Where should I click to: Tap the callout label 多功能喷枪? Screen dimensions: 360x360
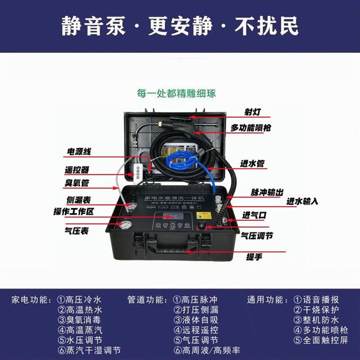click(x=251, y=128)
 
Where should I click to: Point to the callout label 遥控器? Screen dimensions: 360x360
click(x=77, y=170)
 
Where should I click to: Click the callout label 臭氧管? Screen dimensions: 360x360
click(x=77, y=184)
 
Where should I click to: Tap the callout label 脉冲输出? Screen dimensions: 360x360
click(x=267, y=192)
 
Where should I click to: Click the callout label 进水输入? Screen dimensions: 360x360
click(x=302, y=201)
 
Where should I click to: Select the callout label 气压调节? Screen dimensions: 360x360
click(x=257, y=235)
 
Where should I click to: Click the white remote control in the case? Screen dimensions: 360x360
click(x=138, y=171)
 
